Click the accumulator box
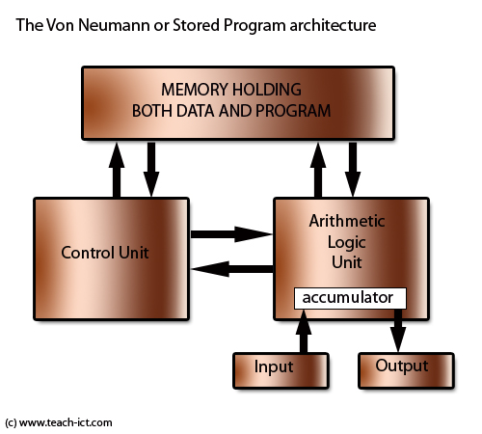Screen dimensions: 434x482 [350, 298]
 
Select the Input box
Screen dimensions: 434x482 [274, 367]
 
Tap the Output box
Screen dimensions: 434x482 [401, 367]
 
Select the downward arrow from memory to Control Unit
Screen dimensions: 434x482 [150, 168]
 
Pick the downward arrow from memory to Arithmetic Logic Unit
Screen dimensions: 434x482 [352, 168]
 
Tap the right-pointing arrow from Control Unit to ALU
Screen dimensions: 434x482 [231, 233]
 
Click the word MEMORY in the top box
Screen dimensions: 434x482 [204, 90]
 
